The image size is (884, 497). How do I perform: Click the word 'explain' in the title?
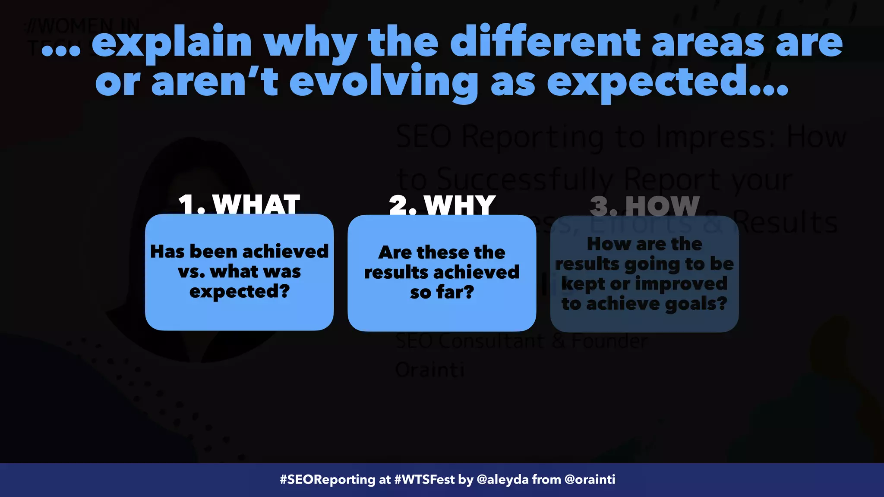[x=171, y=43]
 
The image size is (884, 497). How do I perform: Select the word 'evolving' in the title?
[x=383, y=82]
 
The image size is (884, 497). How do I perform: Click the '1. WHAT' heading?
[x=239, y=204]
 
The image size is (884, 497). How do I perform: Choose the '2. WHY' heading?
[x=442, y=205]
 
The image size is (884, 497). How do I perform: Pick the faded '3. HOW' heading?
[x=644, y=206]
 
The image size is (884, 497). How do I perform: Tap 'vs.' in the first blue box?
[x=191, y=272]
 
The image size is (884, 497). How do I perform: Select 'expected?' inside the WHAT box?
[x=239, y=292]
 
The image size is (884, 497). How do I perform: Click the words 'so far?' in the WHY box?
[x=442, y=293]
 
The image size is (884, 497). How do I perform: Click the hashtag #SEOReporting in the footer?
[x=328, y=480]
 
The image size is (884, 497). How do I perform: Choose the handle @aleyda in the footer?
[x=502, y=480]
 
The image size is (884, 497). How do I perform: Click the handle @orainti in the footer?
[x=590, y=480]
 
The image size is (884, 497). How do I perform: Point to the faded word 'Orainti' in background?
[x=429, y=370]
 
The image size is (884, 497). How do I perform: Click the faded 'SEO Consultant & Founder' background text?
[x=521, y=341]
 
